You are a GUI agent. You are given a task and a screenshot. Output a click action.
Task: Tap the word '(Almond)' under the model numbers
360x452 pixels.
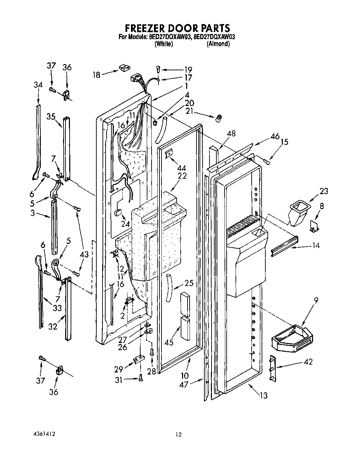tap(218, 44)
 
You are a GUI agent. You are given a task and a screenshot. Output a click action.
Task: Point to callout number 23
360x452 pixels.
tap(323, 191)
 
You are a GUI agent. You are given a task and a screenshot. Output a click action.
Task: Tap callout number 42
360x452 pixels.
tap(308, 361)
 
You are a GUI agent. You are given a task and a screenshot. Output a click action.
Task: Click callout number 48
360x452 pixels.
tap(231, 133)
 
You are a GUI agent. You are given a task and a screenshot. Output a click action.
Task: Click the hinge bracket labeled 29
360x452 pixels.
tap(139, 360)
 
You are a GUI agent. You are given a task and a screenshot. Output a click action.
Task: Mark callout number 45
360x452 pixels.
tap(169, 342)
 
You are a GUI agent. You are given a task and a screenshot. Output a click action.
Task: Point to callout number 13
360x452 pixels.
tap(264, 395)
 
